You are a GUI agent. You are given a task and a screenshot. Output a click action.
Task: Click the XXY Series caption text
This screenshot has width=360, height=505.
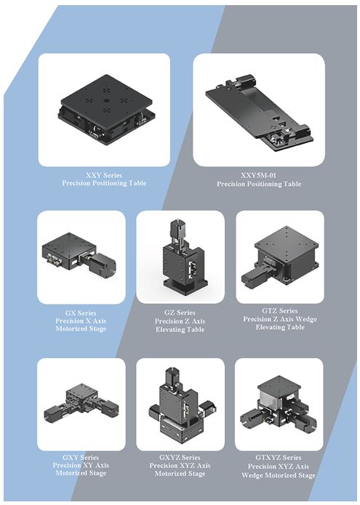coord(104,175)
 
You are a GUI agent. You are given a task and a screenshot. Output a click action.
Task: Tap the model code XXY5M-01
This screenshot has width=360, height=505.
coord(258,175)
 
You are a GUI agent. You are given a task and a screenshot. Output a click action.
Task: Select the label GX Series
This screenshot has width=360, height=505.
coord(81,313)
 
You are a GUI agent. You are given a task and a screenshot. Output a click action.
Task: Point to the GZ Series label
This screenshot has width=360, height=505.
coord(180,312)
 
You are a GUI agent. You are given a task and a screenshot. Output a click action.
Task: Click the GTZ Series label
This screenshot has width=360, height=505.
coord(280,311)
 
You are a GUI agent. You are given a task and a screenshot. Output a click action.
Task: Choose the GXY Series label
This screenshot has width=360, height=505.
coord(81,457)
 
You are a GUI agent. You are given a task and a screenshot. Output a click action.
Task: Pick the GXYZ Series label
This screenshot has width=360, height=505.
coord(180,457)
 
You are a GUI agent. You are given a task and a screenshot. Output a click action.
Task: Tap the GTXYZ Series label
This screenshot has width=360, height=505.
coord(279,457)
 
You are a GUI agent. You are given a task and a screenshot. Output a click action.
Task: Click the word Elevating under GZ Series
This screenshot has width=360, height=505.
coord(169,329)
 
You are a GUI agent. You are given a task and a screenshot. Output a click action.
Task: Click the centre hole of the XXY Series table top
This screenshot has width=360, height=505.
coord(106,100)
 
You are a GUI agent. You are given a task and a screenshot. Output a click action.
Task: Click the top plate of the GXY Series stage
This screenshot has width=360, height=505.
coord(81,390)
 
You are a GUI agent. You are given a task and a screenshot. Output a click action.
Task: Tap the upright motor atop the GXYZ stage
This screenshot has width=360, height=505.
coord(175,379)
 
